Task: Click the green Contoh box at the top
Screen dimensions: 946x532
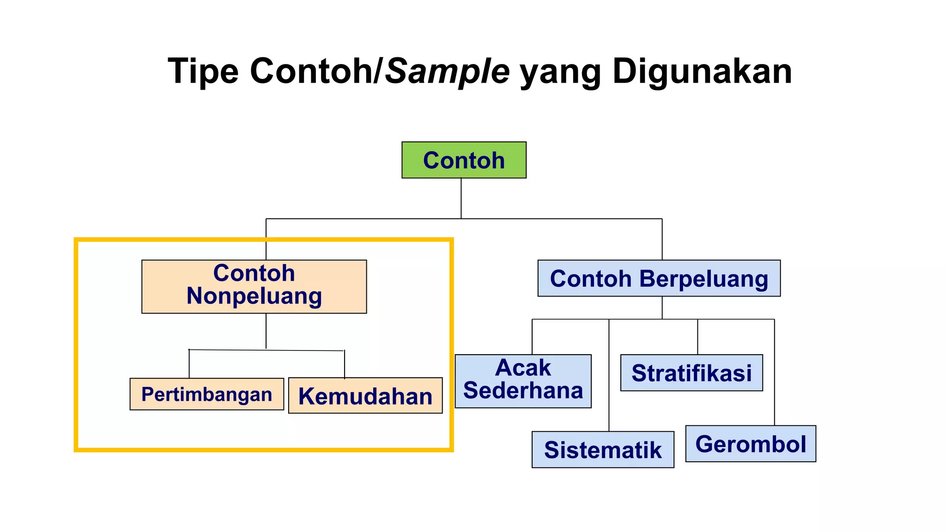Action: [x=464, y=160]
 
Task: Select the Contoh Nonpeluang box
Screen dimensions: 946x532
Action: [x=254, y=286]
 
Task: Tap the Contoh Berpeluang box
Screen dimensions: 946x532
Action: [x=659, y=278]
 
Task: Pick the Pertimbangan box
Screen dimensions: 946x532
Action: [x=206, y=394]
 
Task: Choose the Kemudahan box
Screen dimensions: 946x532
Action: [x=365, y=396]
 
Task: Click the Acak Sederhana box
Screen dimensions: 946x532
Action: [x=523, y=381]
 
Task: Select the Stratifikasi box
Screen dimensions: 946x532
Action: [x=691, y=373]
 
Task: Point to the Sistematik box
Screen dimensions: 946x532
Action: [x=602, y=449]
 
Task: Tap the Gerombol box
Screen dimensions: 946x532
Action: [x=750, y=443]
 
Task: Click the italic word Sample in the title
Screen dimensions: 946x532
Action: [x=447, y=72]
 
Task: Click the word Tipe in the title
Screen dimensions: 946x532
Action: [x=203, y=72]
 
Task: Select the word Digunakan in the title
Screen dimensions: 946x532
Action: [x=702, y=72]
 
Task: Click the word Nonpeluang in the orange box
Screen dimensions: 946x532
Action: [x=254, y=296]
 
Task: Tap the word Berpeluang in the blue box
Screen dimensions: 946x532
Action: [x=703, y=279]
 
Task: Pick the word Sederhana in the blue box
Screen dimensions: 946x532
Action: [x=523, y=391]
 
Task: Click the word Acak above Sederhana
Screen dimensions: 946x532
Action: [x=523, y=368]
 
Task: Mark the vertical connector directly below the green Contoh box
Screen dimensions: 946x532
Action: [x=461, y=198]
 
